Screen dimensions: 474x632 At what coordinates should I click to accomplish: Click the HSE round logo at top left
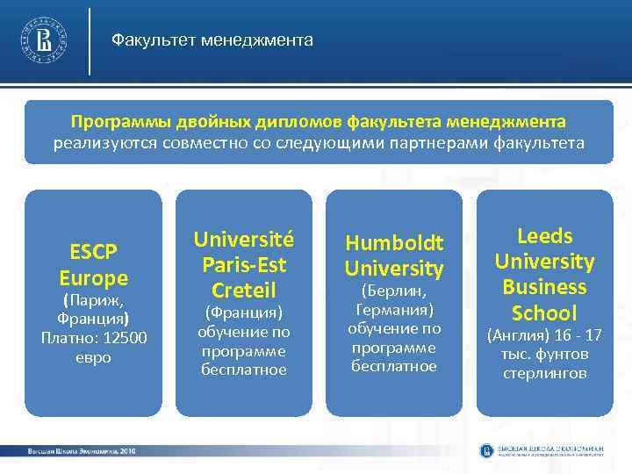point(45,40)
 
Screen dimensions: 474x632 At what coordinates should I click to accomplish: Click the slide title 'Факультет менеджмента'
point(212,40)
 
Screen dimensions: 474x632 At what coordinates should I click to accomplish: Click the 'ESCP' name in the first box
point(93,253)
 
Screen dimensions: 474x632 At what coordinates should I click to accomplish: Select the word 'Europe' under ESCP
point(93,278)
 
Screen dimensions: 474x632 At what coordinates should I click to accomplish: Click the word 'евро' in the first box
point(93,358)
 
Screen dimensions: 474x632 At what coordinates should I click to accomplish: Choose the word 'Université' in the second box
point(243,239)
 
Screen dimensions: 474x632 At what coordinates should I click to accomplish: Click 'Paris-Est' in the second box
point(243,264)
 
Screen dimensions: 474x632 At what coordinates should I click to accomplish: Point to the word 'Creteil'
point(243,290)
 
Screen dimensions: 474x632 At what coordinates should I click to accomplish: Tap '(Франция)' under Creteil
point(243,312)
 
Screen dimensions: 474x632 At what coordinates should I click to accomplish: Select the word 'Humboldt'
point(393,242)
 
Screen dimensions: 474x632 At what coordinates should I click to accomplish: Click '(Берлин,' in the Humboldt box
point(393,291)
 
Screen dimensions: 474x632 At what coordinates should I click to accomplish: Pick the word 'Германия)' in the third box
point(393,310)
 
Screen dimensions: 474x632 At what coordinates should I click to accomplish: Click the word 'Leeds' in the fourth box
point(544,236)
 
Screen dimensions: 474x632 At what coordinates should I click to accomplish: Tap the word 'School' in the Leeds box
point(544,312)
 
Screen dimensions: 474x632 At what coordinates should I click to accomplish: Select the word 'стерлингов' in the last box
point(544,374)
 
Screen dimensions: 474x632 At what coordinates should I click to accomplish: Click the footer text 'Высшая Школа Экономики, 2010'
point(81,450)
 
